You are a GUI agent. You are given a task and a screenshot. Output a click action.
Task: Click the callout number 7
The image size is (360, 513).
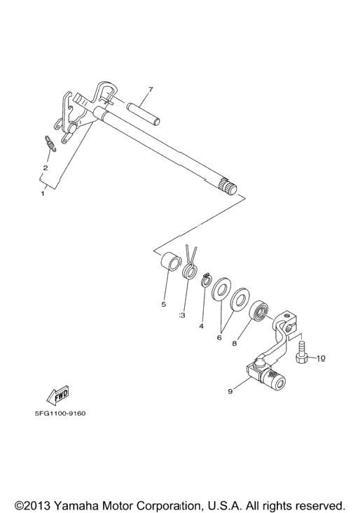point(150,90)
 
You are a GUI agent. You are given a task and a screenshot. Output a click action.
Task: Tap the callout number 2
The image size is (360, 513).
point(46,168)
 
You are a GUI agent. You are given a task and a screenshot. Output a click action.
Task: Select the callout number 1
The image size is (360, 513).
point(43,194)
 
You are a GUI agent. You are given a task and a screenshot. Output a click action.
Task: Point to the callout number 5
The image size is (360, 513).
point(164,304)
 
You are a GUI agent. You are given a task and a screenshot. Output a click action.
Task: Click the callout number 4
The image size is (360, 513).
point(201,326)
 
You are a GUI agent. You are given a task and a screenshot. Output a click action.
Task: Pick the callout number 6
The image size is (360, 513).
point(219,337)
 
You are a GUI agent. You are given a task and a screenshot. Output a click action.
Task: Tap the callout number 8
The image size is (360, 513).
point(235,344)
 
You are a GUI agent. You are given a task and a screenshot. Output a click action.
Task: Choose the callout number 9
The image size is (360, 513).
point(230,391)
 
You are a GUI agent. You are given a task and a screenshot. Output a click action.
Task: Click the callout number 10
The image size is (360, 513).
point(321,358)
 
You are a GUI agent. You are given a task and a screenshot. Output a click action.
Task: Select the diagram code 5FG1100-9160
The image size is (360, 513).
point(60,413)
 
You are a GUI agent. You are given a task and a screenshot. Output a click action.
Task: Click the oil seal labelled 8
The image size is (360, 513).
point(259,311)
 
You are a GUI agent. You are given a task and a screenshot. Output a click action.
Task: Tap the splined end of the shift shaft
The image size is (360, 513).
point(228,187)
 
